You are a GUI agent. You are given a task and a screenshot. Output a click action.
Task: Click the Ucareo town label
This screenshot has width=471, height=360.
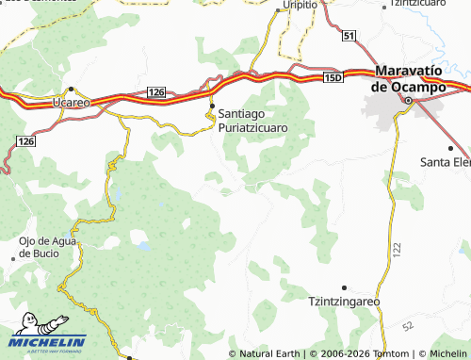pos(72,101)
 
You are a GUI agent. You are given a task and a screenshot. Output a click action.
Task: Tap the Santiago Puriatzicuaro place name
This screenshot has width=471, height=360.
pos(252,118)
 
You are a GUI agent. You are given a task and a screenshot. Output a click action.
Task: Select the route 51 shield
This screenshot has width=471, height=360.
pos(349,35)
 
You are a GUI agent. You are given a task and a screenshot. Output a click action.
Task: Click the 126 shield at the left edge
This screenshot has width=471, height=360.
pos(24,140)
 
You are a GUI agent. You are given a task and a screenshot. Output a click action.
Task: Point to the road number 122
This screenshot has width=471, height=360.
pos(397,248)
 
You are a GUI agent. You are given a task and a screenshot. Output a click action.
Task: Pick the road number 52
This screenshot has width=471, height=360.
pos(407,326)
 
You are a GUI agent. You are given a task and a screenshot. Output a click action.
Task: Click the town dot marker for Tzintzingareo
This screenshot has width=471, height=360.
pos(345,286)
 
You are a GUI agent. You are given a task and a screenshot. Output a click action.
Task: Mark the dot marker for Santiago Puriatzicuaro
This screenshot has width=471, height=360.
pos(212,105)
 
